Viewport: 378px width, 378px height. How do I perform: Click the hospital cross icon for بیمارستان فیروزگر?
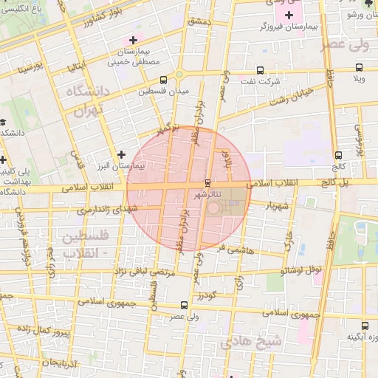pos(289,15)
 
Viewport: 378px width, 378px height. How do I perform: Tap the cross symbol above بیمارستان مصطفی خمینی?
pos(133,40)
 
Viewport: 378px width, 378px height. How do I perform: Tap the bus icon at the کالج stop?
pos(338,156)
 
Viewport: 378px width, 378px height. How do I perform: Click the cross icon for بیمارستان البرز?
pos(122,154)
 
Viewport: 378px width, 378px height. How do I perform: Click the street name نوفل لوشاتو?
pos(304,270)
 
